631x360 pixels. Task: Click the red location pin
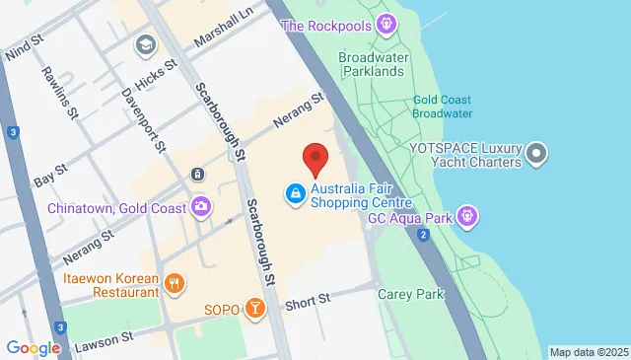tap(315, 158)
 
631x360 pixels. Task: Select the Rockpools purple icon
tap(388, 24)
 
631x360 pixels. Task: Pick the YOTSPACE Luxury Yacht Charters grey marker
tap(536, 153)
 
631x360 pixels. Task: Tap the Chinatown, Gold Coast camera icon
tap(201, 207)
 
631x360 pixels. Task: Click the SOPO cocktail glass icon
tap(254, 310)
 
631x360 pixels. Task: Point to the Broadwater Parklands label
tap(373, 64)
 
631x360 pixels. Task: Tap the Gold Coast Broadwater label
tap(443, 107)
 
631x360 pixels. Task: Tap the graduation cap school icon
tap(146, 44)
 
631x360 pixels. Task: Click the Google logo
tap(33, 347)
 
